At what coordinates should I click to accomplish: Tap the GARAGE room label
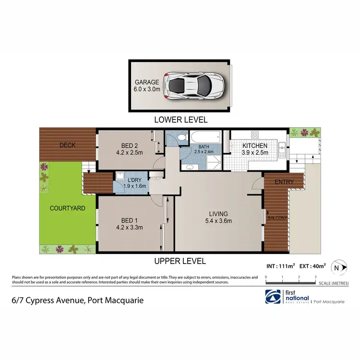click(x=146, y=82)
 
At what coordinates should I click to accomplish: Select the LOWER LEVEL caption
click(x=180, y=120)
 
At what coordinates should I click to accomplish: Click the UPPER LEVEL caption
click(x=180, y=261)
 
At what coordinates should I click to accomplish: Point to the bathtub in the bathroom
click(x=204, y=138)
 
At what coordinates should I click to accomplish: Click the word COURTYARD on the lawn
click(x=67, y=208)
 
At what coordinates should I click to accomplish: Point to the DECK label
click(x=68, y=145)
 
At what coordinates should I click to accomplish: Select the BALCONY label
click(x=277, y=218)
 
